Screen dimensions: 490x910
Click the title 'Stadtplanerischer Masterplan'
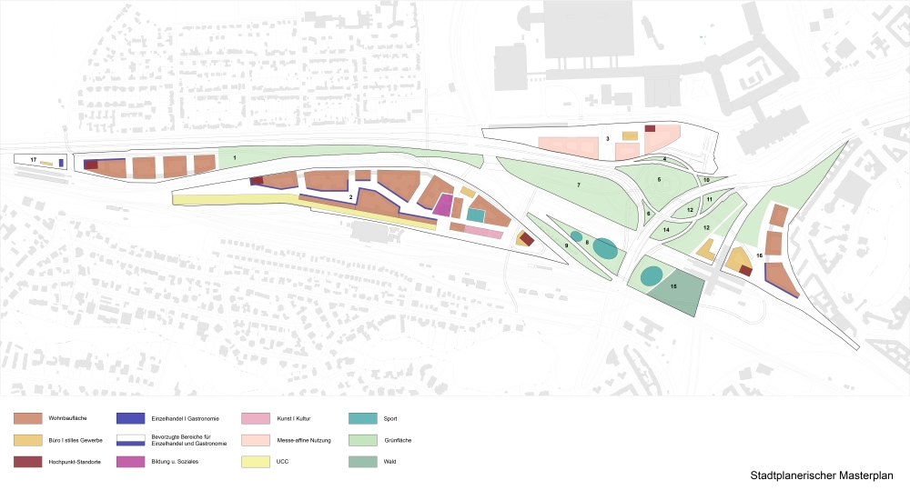822,475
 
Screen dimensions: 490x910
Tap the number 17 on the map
33,160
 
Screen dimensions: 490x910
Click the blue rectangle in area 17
60,163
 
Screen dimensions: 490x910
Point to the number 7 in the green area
578,185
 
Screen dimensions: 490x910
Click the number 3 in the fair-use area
607,138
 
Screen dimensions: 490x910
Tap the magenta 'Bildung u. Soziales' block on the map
442,205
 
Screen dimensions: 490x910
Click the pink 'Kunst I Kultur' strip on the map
484,233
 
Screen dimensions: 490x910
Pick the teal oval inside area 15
651,275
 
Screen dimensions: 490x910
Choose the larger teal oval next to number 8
604,247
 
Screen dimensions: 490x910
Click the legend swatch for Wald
361,462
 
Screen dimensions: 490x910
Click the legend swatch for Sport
361,419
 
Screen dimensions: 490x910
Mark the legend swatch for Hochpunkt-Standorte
26,462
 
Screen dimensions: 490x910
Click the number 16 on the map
759,255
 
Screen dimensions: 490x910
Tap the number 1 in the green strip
235,158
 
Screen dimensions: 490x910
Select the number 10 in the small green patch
706,180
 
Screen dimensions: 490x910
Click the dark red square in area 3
650,128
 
